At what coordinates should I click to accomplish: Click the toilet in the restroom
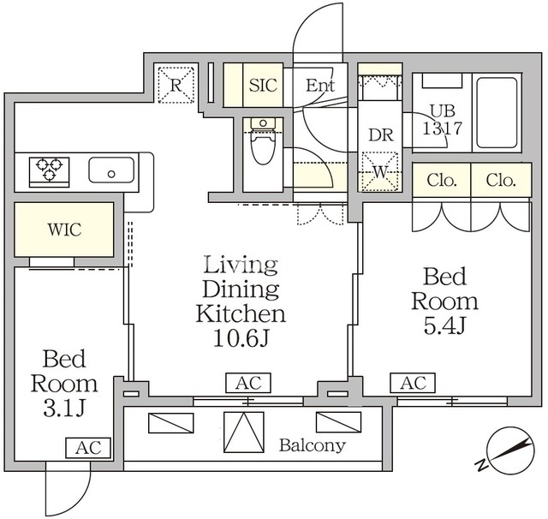263,141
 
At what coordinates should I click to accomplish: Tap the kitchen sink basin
111,170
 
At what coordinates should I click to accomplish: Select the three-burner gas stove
50,171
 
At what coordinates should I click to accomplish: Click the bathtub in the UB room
497,112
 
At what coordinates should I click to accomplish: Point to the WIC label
65,230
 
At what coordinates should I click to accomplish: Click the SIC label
263,85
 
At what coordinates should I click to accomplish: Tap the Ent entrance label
320,85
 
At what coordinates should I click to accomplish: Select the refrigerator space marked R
176,85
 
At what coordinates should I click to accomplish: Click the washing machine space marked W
380,171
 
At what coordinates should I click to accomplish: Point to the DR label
381,135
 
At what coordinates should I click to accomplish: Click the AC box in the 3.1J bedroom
88,448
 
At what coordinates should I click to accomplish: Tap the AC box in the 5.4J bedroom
413,383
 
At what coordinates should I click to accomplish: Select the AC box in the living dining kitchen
248,383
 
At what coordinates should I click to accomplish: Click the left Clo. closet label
442,181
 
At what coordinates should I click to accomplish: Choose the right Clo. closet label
501,181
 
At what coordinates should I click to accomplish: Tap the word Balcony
312,445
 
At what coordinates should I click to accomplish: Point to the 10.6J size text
241,338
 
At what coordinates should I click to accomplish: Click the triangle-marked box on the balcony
243,432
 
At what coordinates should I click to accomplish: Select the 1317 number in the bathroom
443,128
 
